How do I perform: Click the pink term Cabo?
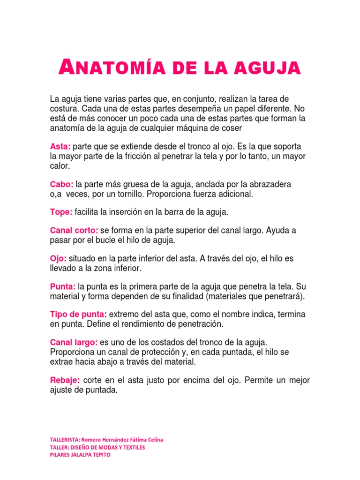pyautogui.click(x=61, y=184)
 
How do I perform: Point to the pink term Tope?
pyautogui.click(x=61, y=212)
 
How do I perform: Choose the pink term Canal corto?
pyautogui.click(x=74, y=231)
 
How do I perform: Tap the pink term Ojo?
pyautogui.click(x=59, y=259)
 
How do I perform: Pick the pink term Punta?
pyautogui.click(x=63, y=286)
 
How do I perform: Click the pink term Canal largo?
pyautogui.click(x=74, y=343)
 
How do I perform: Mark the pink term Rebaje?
pyautogui.click(x=65, y=380)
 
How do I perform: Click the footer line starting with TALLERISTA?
pyautogui.click(x=106, y=440)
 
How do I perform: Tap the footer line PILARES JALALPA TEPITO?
pyautogui.click(x=80, y=455)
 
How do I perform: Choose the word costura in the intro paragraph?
pyautogui.click(x=64, y=108)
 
